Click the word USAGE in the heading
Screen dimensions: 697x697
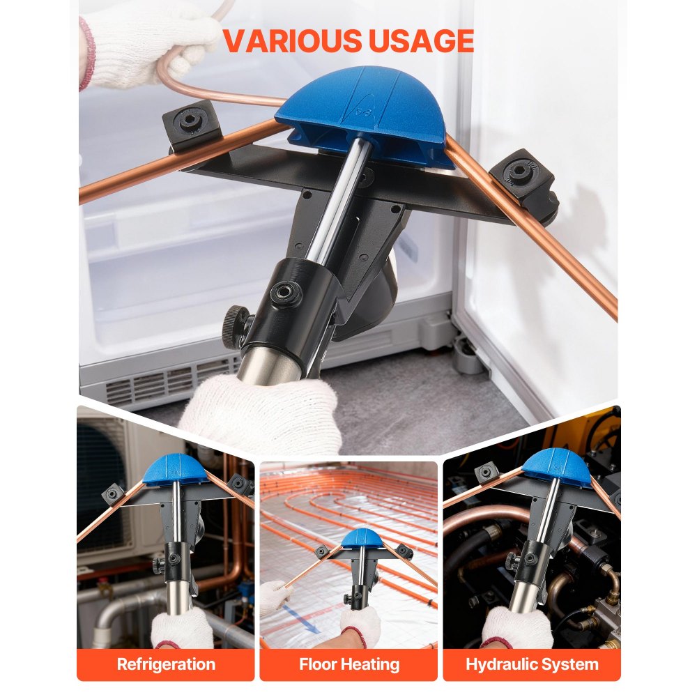(x=418, y=42)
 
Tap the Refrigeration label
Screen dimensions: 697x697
(x=166, y=664)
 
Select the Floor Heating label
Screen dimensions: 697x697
(x=349, y=664)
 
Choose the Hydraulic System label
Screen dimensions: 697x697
(x=532, y=664)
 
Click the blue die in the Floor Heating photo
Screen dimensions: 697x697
(x=360, y=537)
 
